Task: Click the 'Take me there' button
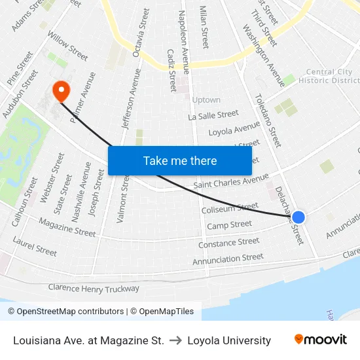(180, 160)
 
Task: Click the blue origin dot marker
(298, 217)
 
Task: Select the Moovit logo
(320, 340)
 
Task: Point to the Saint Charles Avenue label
(231, 181)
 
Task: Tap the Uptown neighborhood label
(206, 100)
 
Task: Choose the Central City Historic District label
(329, 77)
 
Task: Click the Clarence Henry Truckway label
(94, 288)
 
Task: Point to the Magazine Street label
(67, 226)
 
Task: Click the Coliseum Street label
(230, 209)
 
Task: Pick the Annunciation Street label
(228, 259)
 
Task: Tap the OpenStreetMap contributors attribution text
(65, 312)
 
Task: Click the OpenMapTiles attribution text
(162, 312)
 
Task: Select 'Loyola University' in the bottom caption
(229, 340)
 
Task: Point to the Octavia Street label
(141, 33)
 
